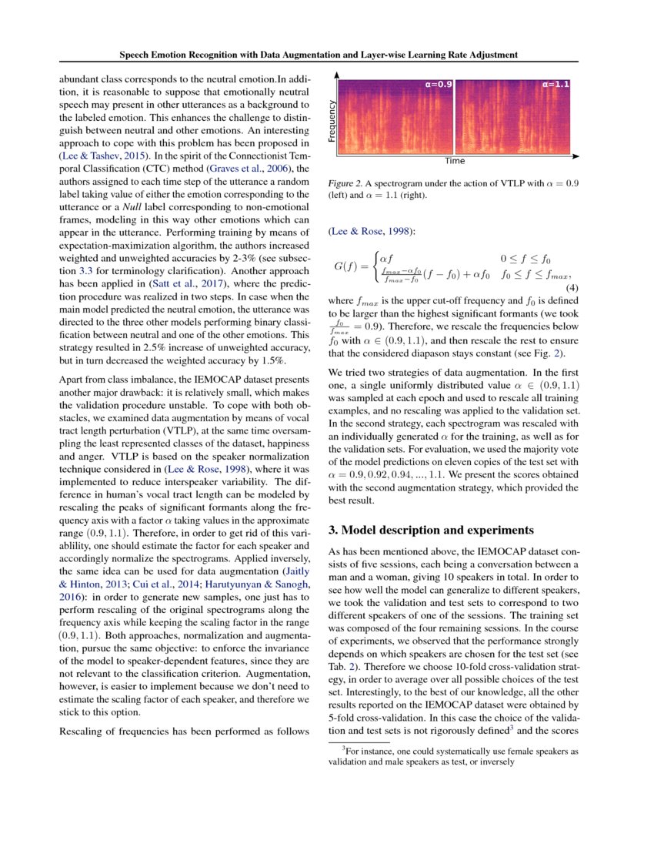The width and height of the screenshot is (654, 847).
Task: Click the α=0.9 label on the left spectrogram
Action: coord(439,83)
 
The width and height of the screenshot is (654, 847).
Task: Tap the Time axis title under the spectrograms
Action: coord(454,162)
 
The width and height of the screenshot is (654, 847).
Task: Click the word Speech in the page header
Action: coord(138,55)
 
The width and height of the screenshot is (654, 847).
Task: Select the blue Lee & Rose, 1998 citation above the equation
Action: coord(365,231)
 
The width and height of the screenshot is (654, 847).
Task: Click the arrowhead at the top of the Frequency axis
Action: coord(337,74)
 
